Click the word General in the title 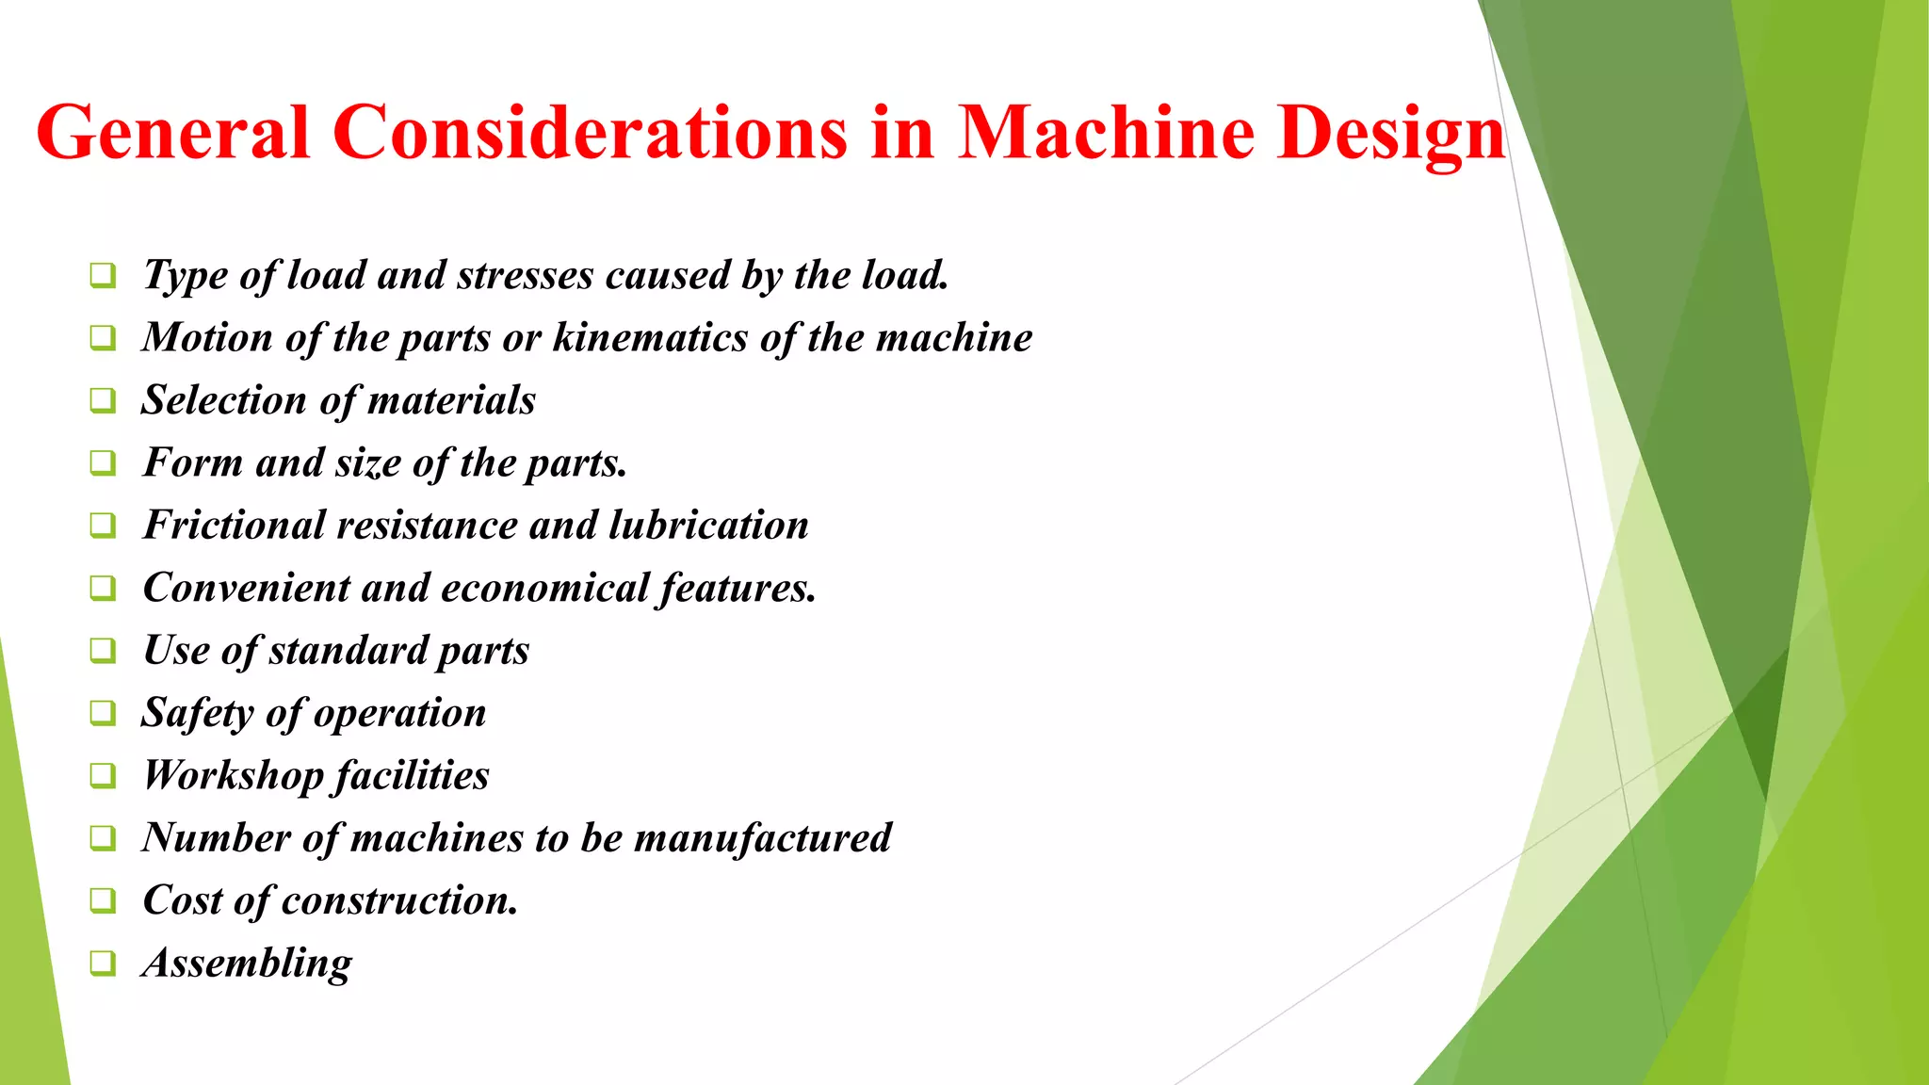(x=173, y=133)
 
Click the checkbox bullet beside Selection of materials (x=103, y=400)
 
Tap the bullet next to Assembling (x=103, y=963)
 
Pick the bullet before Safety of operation (x=103, y=713)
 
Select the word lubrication (x=708, y=526)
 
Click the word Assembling (x=247, y=964)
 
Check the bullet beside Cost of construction (x=103, y=900)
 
